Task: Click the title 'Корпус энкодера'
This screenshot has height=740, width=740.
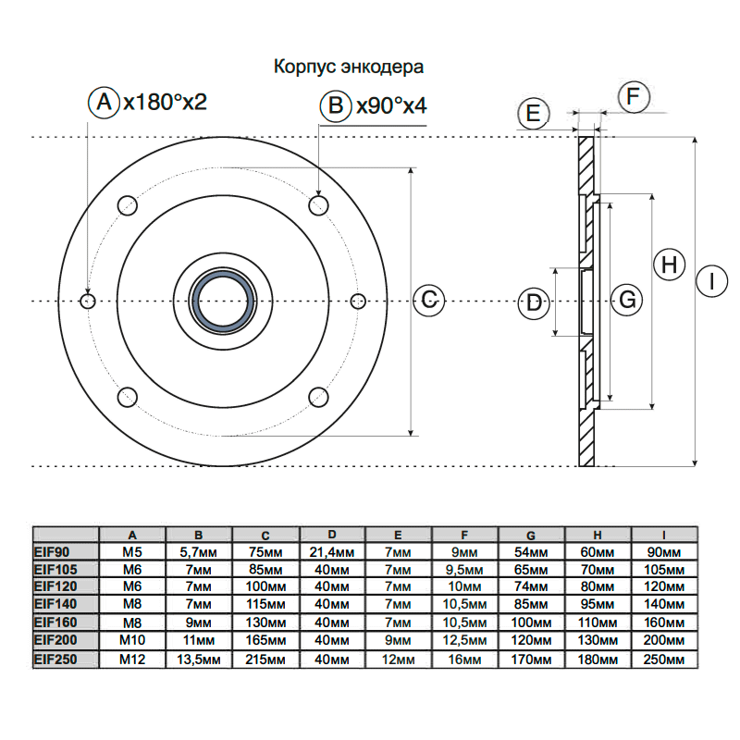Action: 348,68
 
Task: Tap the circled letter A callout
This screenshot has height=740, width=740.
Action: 104,102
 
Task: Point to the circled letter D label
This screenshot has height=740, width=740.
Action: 534,302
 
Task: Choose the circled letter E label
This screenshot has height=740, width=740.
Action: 533,114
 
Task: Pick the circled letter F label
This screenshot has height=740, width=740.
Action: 634,97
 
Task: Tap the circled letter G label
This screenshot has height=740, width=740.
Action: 627,300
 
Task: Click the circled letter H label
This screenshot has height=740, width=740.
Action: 670,265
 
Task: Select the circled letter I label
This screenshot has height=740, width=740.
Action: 711,281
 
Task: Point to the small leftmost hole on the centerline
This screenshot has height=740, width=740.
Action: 88,301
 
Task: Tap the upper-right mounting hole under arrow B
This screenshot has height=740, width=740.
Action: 319,203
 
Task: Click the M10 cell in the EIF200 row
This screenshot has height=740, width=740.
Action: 132,639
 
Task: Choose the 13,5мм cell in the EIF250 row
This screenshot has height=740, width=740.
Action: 199,660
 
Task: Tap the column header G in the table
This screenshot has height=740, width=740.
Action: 531,535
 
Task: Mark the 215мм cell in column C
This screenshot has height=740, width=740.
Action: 266,660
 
